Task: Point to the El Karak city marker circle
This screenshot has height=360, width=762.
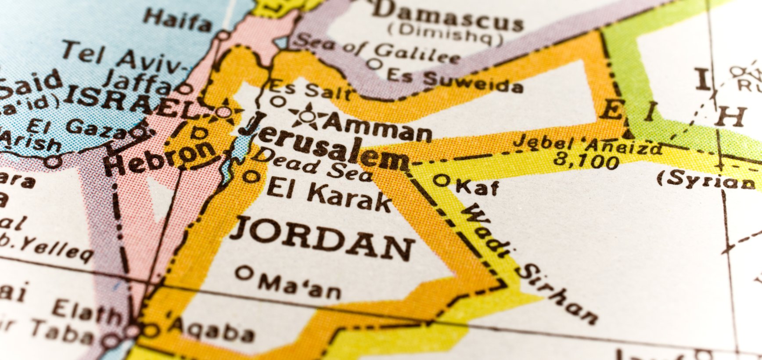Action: pyautogui.click(x=252, y=176)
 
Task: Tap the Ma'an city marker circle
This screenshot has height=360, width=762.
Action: pyautogui.click(x=243, y=273)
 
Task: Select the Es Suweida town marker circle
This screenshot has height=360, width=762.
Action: pyautogui.click(x=374, y=64)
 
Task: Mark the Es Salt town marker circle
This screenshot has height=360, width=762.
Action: pyautogui.click(x=278, y=101)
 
